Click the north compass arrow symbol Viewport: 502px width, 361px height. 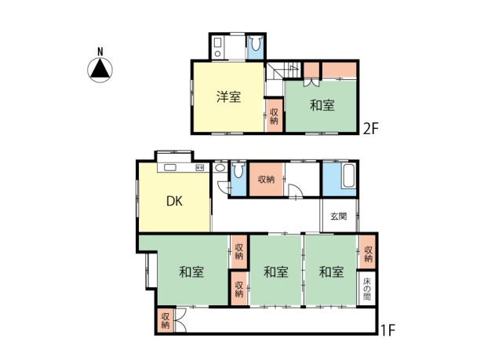[100, 70]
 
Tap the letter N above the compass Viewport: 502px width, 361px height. [100, 52]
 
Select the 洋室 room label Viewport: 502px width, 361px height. [228, 97]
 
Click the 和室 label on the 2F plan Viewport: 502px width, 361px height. [322, 105]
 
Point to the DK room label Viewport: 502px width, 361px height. [174, 201]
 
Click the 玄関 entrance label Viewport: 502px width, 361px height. [338, 217]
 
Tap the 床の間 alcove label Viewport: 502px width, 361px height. [367, 290]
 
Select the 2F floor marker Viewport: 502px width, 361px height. [371, 129]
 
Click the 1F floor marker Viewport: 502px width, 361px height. [387, 330]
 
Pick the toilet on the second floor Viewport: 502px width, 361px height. [256, 43]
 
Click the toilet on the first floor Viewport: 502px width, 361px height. [238, 170]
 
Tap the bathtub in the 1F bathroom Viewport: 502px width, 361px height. [348, 176]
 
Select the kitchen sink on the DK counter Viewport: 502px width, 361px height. [169, 167]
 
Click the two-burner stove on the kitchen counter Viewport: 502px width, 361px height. [200, 167]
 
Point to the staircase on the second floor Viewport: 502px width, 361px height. [283, 71]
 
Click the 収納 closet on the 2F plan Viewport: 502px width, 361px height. [274, 116]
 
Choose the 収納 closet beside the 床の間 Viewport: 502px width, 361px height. [367, 253]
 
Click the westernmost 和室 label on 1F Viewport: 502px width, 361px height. [191, 272]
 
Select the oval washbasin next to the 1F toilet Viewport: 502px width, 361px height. [220, 167]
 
